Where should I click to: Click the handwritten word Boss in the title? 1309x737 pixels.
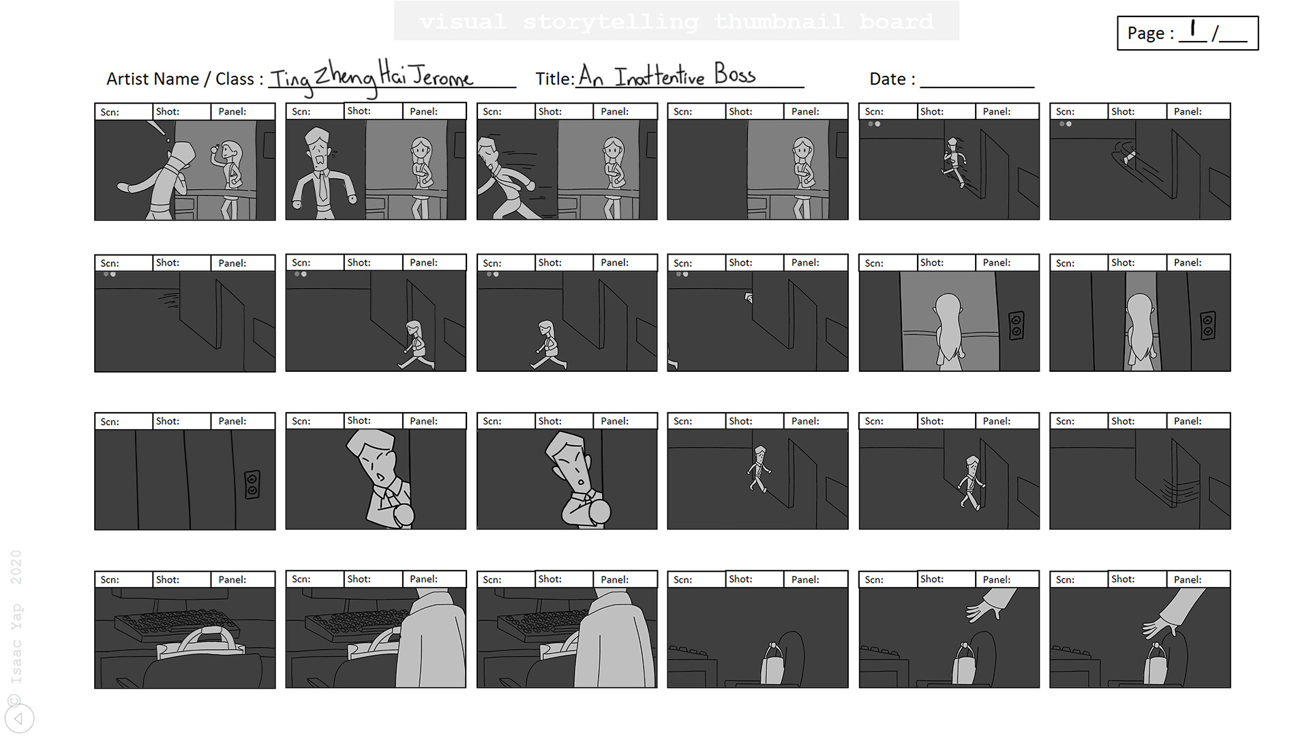(734, 74)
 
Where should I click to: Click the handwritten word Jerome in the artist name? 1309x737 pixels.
(442, 76)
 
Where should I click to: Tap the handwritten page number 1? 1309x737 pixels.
(1192, 29)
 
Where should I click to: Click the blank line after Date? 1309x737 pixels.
(976, 81)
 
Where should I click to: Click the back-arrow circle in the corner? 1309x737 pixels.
(19, 718)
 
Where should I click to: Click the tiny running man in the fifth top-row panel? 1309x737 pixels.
(953, 161)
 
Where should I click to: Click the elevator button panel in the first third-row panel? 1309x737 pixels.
(252, 484)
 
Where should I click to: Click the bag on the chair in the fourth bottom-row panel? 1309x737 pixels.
(772, 665)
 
